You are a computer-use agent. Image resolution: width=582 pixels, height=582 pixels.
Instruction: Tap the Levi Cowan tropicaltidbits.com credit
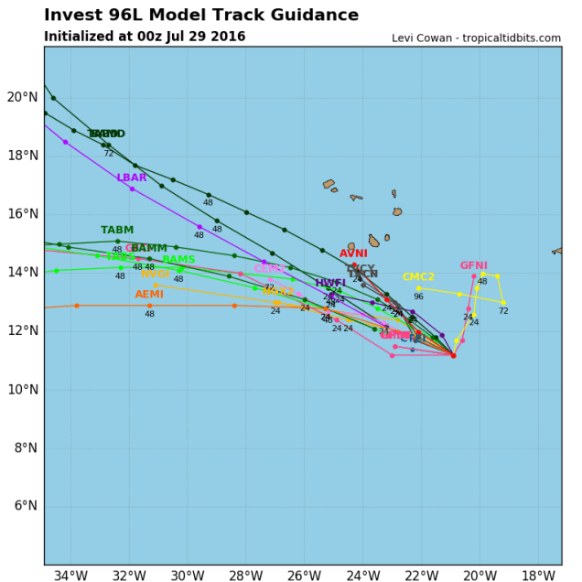coord(476,38)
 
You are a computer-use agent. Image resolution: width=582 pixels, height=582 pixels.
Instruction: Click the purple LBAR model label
coord(132,178)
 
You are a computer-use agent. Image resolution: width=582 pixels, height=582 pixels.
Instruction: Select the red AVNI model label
coord(353,253)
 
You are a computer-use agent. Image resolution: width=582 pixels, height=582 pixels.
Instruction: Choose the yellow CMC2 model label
coord(418,277)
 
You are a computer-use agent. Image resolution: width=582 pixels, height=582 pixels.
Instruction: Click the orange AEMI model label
coord(149,295)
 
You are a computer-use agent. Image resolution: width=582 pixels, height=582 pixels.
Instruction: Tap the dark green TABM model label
coord(117,230)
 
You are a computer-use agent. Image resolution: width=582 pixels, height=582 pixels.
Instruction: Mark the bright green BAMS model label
coord(178,260)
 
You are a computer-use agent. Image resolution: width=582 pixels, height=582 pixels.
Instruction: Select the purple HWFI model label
coord(330,283)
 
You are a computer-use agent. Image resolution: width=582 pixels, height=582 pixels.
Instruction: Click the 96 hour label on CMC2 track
coord(418,296)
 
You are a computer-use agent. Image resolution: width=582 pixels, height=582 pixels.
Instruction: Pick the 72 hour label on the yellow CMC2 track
coord(503,311)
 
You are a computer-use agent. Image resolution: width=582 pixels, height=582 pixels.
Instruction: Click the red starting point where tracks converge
coord(453,355)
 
